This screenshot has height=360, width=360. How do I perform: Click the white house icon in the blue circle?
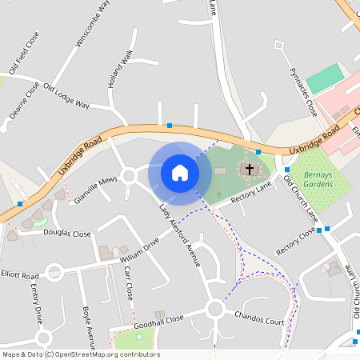[180, 172]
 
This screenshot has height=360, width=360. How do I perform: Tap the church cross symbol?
[250, 169]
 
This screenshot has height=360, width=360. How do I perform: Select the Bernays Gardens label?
[310, 178]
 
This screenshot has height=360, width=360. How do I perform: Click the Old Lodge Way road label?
[66, 96]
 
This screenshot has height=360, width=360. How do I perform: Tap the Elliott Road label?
[20, 274]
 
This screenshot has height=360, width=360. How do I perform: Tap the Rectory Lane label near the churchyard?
[252, 194]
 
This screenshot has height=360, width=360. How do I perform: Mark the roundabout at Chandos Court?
[214, 309]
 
